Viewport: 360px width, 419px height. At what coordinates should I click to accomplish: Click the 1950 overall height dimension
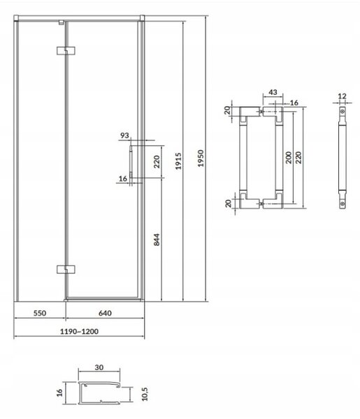point(201,159)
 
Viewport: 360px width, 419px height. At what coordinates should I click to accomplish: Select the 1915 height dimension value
point(178,161)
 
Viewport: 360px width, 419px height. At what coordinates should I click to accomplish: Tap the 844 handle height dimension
point(157,240)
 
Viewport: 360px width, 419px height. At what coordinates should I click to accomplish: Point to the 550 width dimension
point(40,313)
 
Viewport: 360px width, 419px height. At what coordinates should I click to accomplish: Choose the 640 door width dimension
point(105,313)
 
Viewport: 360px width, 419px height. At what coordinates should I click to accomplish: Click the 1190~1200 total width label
point(79,331)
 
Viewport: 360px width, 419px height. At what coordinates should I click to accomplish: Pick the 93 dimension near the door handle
point(124,135)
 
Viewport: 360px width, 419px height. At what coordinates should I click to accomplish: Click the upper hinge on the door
point(66,51)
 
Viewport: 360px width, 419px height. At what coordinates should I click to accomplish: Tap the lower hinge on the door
point(66,270)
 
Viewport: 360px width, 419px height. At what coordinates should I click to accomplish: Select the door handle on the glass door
point(131,162)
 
